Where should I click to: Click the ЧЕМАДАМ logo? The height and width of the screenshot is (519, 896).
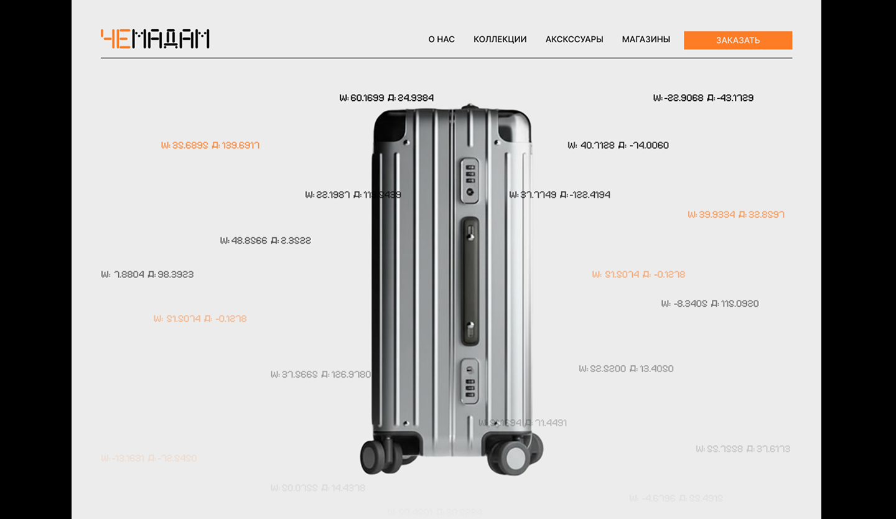tap(155, 39)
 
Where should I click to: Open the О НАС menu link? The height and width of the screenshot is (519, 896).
tap(441, 39)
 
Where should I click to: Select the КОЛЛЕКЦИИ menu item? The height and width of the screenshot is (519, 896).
tap(500, 39)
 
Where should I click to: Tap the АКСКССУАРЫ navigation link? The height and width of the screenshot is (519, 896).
tap(574, 39)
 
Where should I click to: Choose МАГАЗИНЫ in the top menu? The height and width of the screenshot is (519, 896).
tap(646, 39)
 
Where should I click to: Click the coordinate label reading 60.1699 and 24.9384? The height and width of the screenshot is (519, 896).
tap(386, 98)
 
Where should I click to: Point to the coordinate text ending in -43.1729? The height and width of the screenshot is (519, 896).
tap(703, 98)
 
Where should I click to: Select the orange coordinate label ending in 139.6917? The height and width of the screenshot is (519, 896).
tap(210, 146)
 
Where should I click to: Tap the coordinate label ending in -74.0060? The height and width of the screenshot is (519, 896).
tap(618, 146)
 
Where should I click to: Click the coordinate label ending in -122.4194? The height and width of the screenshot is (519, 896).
tap(559, 195)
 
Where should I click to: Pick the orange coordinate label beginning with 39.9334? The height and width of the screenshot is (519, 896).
tap(735, 215)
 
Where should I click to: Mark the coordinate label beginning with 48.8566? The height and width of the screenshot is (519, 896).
tap(265, 241)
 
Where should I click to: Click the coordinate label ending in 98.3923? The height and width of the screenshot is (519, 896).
tap(147, 274)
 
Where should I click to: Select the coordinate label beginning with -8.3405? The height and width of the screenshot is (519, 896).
tap(709, 304)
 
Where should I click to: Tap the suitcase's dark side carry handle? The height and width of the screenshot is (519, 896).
tap(470, 281)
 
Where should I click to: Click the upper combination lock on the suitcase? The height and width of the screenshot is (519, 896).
tap(470, 180)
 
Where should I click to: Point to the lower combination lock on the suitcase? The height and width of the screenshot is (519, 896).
tap(470, 381)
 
